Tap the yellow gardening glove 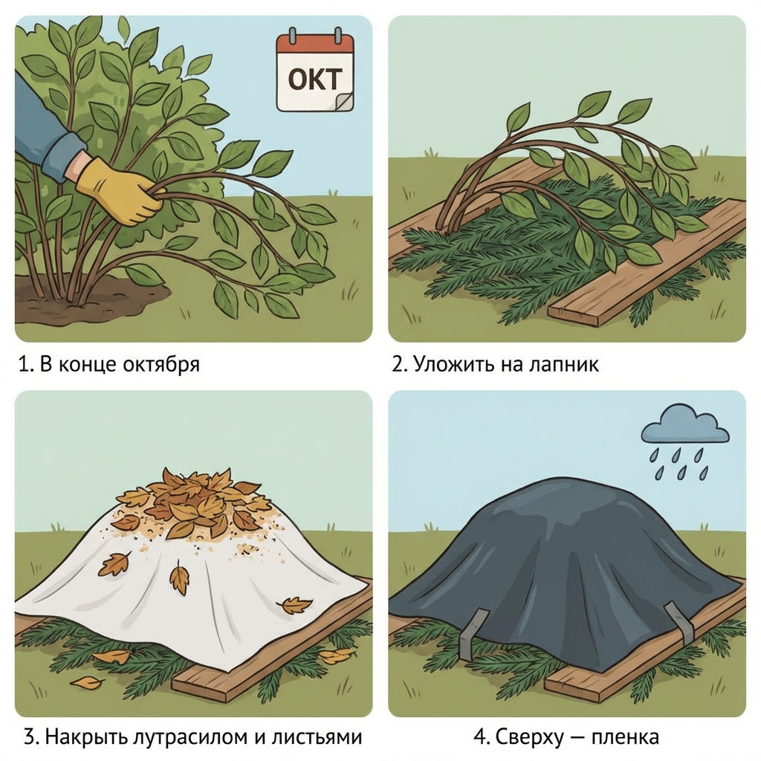point(118,191)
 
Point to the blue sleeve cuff point(62,156)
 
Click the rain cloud point(684,427)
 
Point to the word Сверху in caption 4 point(529,736)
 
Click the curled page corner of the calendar point(344,102)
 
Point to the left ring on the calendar point(292,36)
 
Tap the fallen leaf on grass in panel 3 point(88,684)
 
